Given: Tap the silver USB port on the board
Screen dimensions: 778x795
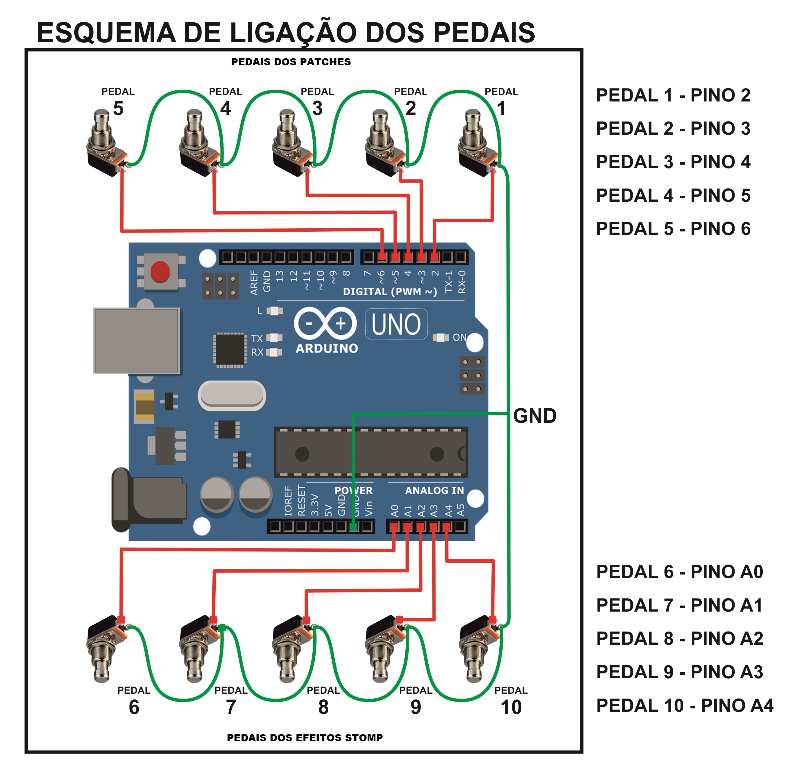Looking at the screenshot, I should tap(137, 340).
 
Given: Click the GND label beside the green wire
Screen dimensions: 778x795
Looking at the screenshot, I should tap(535, 416).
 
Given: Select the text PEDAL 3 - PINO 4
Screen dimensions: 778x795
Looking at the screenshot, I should tap(673, 162).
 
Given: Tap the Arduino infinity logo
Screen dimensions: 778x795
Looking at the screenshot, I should tap(325, 324).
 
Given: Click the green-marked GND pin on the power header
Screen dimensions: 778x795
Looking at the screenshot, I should tap(353, 527).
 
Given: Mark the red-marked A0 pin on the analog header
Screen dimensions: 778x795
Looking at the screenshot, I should tap(394, 527).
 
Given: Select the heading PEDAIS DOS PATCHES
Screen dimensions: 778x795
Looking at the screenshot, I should tap(291, 62).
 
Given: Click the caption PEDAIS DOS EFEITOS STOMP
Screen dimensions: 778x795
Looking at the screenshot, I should tap(304, 738).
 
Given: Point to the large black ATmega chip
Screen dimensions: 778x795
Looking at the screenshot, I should tap(370, 453).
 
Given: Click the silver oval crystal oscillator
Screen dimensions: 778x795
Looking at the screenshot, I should tap(232, 396).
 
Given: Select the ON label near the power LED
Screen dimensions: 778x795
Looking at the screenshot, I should tap(459, 338).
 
